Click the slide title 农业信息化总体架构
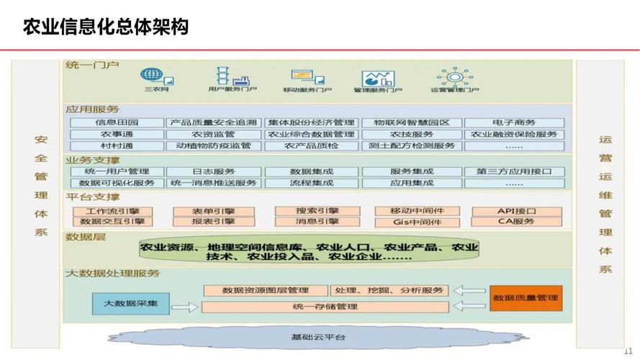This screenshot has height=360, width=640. pyautogui.click(x=106, y=27)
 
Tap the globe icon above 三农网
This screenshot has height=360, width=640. pyautogui.click(x=152, y=75)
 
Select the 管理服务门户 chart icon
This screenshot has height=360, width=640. pyautogui.click(x=377, y=78)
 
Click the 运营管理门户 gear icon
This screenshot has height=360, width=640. pyautogui.click(x=454, y=76)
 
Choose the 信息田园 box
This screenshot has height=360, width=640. pyautogui.click(x=116, y=123)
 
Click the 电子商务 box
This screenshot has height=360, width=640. pyautogui.click(x=513, y=123)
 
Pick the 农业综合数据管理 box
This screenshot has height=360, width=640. pyautogui.click(x=311, y=135)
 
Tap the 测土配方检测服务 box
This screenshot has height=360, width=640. pyautogui.click(x=411, y=145)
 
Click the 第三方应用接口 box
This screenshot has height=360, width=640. pyautogui.click(x=513, y=172)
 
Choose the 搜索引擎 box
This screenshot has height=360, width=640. pyautogui.click(x=307, y=211)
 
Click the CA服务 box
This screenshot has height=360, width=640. pyautogui.click(x=515, y=221)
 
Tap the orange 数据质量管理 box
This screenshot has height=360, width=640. pyautogui.click(x=526, y=297)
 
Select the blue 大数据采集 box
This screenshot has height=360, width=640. pyautogui.click(x=130, y=304)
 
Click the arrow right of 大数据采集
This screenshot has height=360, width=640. pyautogui.click(x=184, y=307)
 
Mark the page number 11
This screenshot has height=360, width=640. pyautogui.click(x=628, y=350)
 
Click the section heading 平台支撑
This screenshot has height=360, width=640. pyautogui.click(x=92, y=197)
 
